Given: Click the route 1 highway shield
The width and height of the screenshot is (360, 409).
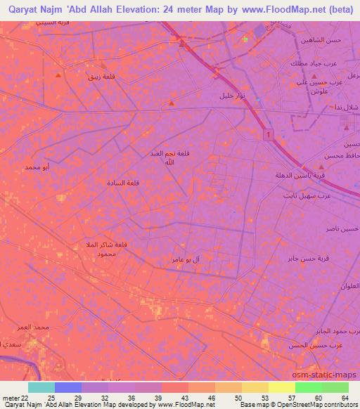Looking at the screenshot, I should [x=269, y=134].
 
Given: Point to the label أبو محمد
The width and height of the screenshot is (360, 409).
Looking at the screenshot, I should [x=36, y=167].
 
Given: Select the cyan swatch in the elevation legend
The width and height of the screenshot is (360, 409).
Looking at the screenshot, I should [x=41, y=387].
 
